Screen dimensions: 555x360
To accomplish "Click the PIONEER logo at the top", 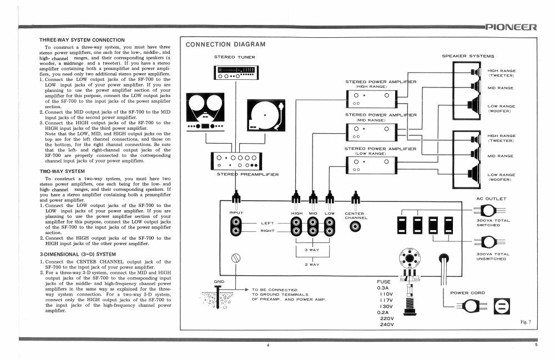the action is pyautogui.click(x=511, y=27).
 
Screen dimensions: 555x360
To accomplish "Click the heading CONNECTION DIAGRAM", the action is pyautogui.click(x=225, y=44).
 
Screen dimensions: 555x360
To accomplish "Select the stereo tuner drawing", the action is pyautogui.click(x=236, y=73).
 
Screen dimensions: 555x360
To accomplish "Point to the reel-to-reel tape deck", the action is pyautogui.click(x=205, y=112).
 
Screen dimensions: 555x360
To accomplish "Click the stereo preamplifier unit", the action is pyautogui.click(x=236, y=161).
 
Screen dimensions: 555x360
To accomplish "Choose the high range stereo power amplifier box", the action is pyautogui.click(x=372, y=99).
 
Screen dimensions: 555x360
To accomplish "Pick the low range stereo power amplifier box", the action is pyautogui.click(x=372, y=165).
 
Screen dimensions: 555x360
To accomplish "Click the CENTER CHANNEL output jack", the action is pyautogui.click(x=355, y=226).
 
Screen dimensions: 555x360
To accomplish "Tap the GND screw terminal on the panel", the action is pyautogui.click(x=235, y=258).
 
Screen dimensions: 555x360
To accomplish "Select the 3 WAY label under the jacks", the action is pyautogui.click(x=312, y=250).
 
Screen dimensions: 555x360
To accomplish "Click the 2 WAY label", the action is pyautogui.click(x=312, y=265).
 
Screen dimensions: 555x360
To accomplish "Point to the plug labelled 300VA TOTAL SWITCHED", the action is pyautogui.click(x=490, y=211).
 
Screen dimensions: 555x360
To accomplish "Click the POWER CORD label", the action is pyautogui.click(x=467, y=293).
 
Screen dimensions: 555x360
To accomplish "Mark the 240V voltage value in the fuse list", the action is pyautogui.click(x=387, y=324).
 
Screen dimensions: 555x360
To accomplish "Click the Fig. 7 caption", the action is pyautogui.click(x=526, y=322).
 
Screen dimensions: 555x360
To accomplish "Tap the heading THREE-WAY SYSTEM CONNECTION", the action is pyautogui.click(x=82, y=40).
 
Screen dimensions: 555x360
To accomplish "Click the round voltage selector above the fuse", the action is pyautogui.click(x=410, y=258).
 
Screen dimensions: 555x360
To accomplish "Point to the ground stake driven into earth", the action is pyautogui.click(x=218, y=296).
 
